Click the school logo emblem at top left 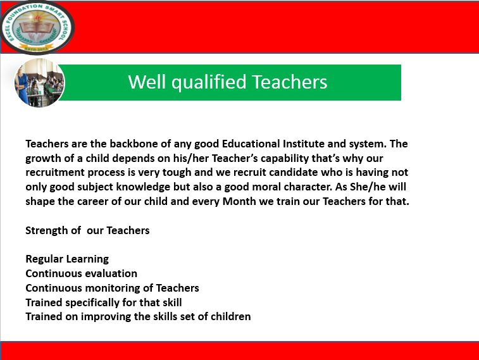click(37, 27)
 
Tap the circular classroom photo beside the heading click(39, 82)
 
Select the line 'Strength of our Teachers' click(87, 230)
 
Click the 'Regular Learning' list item click(67, 259)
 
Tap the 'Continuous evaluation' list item click(81, 273)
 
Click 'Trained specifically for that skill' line click(104, 302)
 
